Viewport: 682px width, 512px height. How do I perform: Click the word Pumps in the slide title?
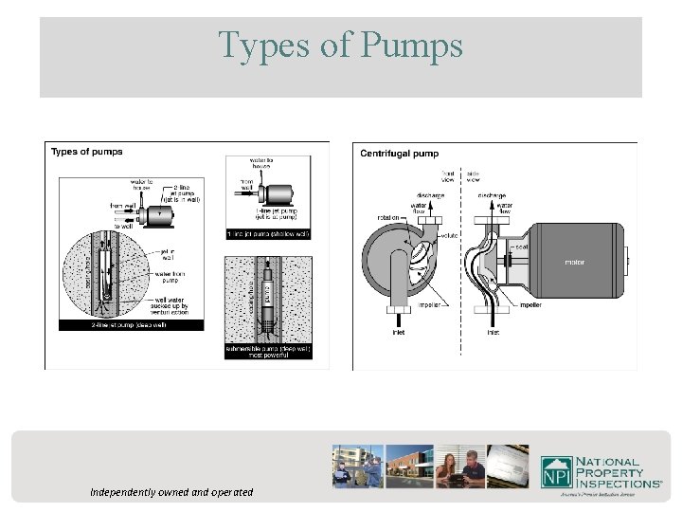click(408, 45)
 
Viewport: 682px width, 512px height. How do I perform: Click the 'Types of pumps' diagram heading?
click(86, 152)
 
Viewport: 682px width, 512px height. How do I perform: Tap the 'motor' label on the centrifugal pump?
click(574, 263)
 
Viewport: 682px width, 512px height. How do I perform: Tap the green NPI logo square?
click(555, 471)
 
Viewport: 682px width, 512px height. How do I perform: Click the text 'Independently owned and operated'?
click(171, 492)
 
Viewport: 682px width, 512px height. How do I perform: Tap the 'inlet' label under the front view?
click(398, 332)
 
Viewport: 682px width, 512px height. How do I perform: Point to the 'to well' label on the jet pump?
click(123, 227)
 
